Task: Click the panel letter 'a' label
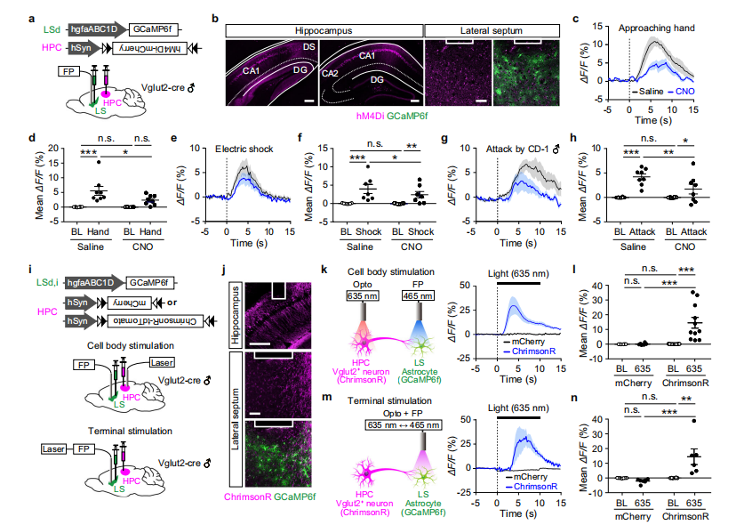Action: click(32, 15)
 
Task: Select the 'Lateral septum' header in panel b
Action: click(492, 29)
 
